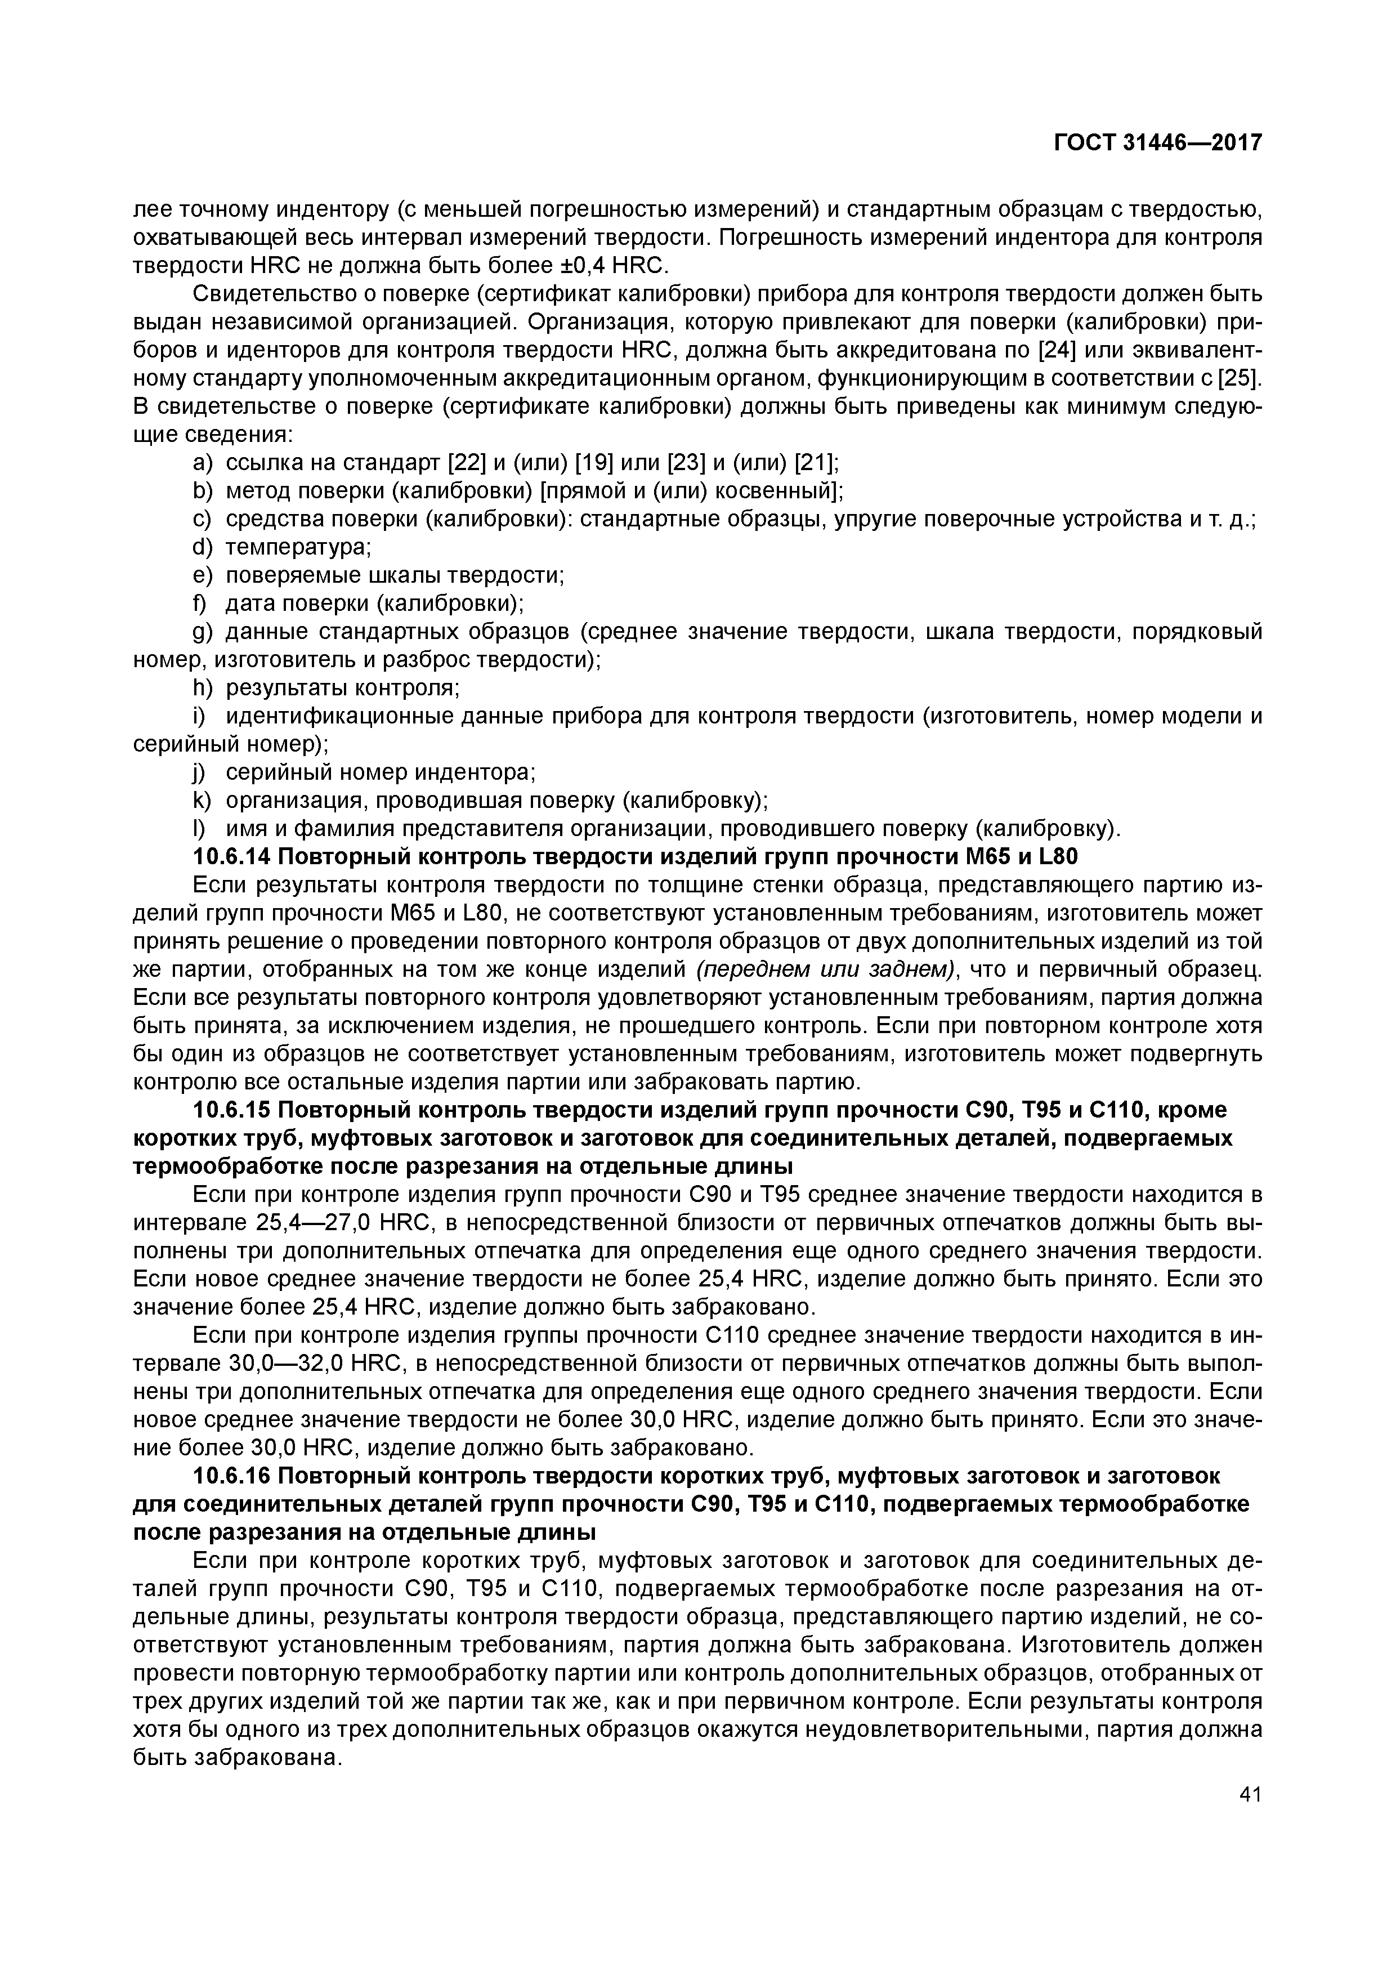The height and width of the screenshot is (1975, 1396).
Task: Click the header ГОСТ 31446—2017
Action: pos(1158,143)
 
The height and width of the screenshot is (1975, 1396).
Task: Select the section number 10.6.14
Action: pos(231,857)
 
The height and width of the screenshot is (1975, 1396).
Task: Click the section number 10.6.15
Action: pos(231,1110)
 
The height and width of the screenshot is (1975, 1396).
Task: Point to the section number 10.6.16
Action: pos(231,1477)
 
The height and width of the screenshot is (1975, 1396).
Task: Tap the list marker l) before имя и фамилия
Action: pos(200,829)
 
